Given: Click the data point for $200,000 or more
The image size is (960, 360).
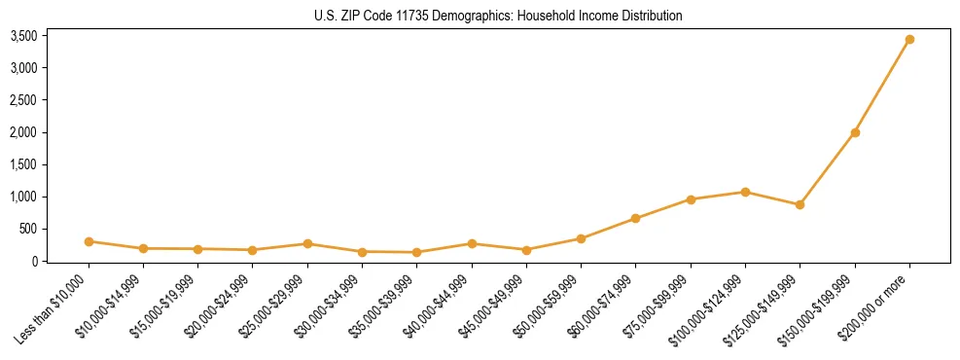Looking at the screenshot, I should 909,40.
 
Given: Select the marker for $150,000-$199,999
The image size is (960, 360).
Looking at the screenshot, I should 855,132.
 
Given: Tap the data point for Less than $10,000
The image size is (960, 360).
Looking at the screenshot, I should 89,241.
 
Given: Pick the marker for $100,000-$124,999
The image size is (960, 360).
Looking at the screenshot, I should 745,192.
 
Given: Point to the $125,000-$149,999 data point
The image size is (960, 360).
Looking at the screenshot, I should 800,204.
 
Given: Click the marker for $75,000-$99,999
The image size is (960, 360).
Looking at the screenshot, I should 691,199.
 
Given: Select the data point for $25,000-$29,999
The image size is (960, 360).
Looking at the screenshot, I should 307,243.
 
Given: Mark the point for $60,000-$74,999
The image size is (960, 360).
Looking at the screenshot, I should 635,218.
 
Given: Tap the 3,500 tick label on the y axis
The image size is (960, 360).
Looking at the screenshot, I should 23,36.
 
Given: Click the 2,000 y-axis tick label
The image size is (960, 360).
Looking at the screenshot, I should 23,132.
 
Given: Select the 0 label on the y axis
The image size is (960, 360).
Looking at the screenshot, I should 34,261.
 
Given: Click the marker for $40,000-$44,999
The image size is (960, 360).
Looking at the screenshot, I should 472,243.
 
